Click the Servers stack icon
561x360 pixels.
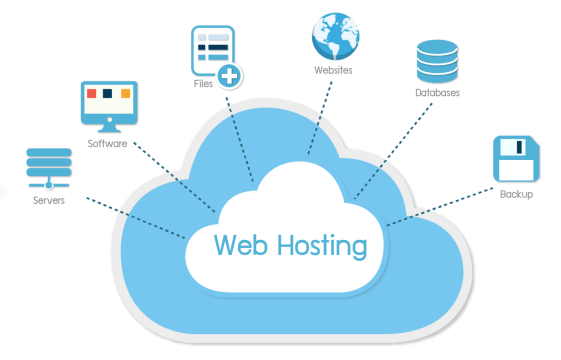click(x=47, y=167)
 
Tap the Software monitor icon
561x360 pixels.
click(x=108, y=104)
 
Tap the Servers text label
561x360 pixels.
click(x=47, y=200)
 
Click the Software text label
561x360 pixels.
click(x=107, y=144)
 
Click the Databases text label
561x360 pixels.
click(x=437, y=92)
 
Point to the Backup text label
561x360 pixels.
click(x=516, y=193)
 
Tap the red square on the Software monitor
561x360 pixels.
click(x=93, y=95)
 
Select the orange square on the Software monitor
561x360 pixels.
click(x=125, y=95)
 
